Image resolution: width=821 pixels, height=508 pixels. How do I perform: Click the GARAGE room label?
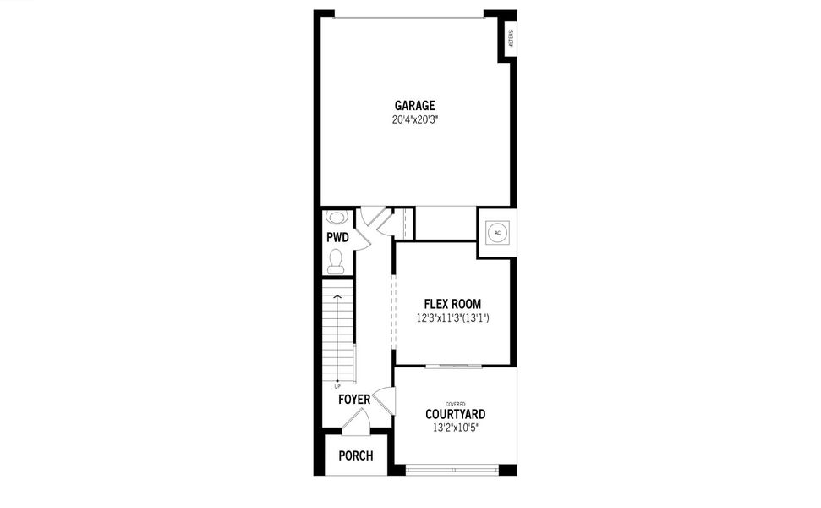point(414,106)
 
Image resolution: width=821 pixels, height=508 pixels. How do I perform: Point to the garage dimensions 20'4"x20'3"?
point(414,119)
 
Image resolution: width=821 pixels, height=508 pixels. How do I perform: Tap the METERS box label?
point(512,39)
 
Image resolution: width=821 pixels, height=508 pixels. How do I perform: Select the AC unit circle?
point(497,233)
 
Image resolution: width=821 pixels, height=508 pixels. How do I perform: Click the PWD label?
point(337,238)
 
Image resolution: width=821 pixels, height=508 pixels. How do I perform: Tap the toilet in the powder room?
point(337,261)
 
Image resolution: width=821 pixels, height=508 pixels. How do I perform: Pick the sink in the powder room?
point(336,217)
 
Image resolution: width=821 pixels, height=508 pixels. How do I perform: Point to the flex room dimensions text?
point(453,318)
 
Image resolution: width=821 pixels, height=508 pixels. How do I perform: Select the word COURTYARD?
point(455,414)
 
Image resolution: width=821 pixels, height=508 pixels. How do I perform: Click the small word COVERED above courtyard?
point(455,404)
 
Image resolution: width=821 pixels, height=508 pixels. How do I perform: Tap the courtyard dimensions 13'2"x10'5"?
point(455,428)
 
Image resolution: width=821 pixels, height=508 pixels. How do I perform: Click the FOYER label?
point(353,399)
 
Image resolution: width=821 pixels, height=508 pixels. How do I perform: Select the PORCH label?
point(356,456)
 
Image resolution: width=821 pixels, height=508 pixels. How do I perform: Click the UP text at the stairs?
point(337,386)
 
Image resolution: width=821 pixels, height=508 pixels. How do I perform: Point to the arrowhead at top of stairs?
point(337,297)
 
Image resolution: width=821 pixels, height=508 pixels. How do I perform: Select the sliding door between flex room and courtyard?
point(454,367)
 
